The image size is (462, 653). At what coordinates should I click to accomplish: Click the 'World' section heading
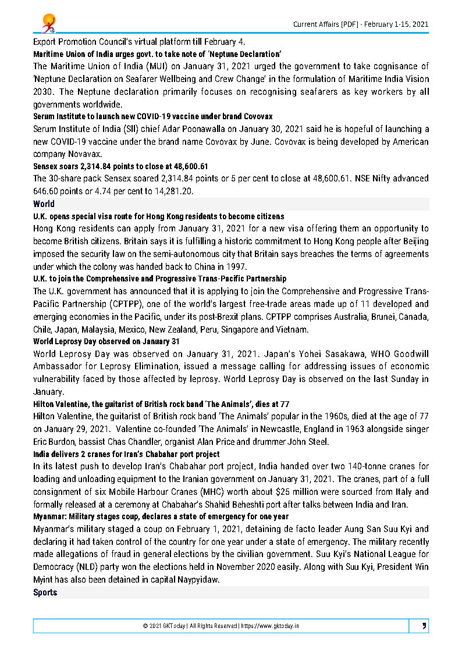44,204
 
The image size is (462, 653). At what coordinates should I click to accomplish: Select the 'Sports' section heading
45,592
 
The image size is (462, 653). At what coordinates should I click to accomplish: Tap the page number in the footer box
424,626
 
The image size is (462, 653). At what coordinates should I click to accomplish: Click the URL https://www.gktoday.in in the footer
273,626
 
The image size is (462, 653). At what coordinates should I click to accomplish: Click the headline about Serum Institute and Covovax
152,116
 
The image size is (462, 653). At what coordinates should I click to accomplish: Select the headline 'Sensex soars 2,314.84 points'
120,166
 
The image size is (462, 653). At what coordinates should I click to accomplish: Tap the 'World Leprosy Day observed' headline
106,341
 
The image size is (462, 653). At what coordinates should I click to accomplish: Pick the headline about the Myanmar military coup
161,516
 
